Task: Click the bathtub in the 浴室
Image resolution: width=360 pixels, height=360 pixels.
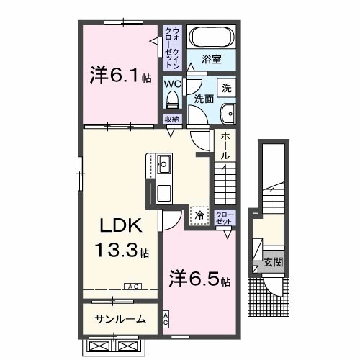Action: [212, 37]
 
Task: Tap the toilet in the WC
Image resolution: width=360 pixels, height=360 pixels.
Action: [172, 100]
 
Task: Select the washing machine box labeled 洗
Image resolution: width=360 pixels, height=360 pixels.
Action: [226, 88]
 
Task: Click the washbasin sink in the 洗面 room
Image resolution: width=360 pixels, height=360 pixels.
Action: [228, 114]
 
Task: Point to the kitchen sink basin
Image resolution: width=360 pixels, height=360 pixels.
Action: [164, 164]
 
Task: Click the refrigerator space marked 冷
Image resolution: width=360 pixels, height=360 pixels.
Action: [199, 216]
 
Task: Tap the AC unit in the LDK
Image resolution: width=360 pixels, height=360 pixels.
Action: [132, 287]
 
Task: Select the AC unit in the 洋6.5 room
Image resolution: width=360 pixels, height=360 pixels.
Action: [166, 319]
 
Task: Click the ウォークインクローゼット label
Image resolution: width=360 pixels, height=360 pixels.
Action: [172, 48]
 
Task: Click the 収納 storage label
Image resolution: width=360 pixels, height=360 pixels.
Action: [172, 119]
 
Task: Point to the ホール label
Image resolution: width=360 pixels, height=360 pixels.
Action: [225, 145]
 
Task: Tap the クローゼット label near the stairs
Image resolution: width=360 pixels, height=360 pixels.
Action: [225, 218]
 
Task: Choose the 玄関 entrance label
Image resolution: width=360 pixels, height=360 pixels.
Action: [274, 262]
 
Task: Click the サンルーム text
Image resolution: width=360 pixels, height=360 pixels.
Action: [120, 319]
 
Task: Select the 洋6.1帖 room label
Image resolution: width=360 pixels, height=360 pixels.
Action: [120, 75]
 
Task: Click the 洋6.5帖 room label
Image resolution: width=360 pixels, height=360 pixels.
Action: [199, 278]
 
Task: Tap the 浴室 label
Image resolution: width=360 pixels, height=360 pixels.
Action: [211, 59]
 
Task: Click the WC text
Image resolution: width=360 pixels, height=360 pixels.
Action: [172, 84]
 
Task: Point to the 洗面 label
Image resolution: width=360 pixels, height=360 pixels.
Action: [204, 99]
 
